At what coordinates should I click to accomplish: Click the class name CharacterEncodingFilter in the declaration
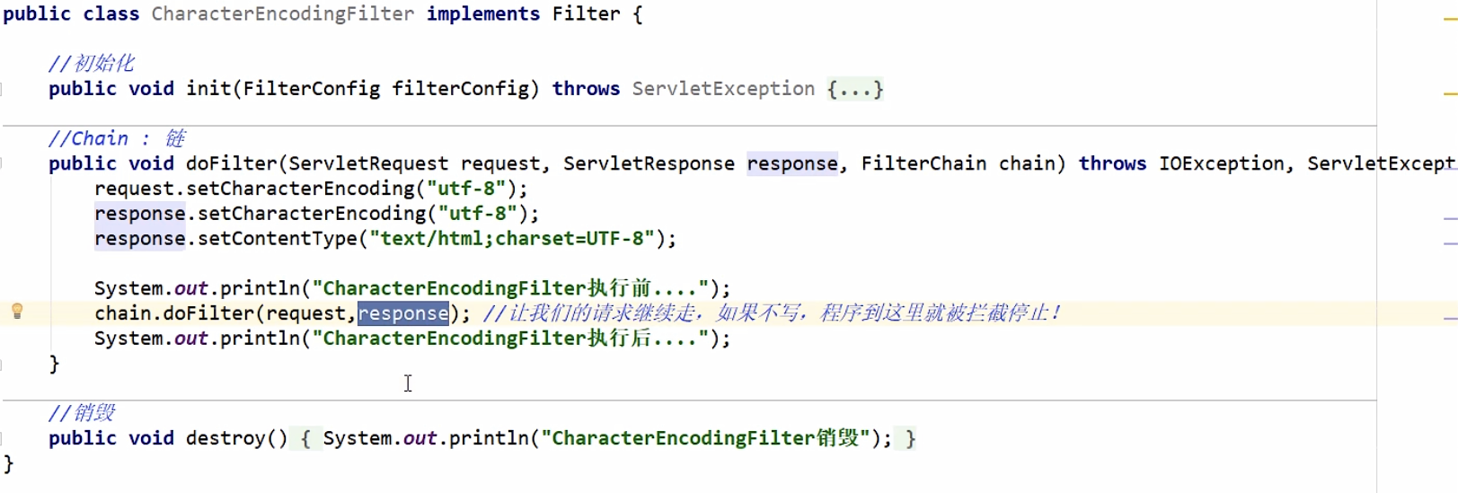pos(282,14)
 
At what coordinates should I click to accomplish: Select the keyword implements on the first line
pos(482,14)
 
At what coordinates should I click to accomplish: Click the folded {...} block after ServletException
pos(854,89)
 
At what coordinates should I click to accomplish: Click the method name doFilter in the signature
pos(231,163)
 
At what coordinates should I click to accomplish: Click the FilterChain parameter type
pos(923,163)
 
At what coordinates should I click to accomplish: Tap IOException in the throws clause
pos(1221,163)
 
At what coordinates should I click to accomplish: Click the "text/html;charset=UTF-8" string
pos(511,239)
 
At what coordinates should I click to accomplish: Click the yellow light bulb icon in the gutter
pos(17,312)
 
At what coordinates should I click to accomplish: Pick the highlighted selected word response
pos(403,313)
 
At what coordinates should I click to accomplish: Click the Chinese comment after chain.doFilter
pos(771,313)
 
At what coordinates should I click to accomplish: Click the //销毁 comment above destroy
pos(82,413)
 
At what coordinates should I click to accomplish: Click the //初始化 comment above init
pos(91,64)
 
